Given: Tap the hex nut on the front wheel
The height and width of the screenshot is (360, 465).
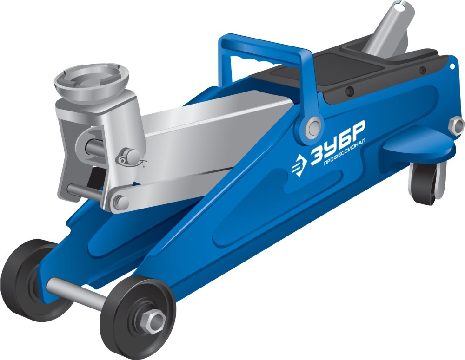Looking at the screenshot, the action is tap(153, 321).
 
